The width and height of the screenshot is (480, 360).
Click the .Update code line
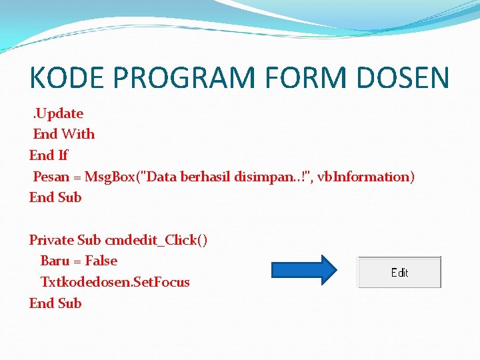pos(58,113)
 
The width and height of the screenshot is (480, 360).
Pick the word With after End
pos(79,134)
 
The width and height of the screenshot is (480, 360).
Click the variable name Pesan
pos(51,177)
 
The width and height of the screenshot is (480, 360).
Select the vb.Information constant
pos(365,177)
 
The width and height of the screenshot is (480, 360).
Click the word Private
pos(51,240)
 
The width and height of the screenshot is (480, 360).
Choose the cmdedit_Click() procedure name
pos(156,240)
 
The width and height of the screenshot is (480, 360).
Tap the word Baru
pos(55,261)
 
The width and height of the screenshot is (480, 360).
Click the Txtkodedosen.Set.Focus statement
pos(115,282)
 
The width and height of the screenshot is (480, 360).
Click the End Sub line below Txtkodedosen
pos(55,303)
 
